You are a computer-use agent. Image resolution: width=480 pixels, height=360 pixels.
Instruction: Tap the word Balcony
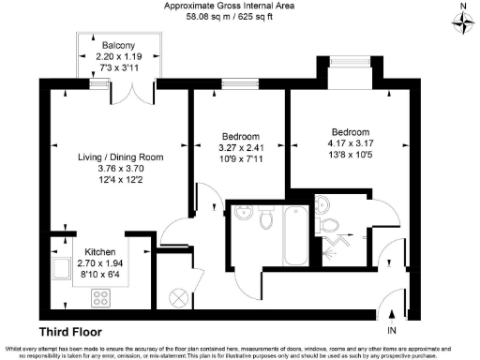(118, 46)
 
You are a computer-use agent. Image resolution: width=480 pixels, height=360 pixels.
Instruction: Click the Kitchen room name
(100, 253)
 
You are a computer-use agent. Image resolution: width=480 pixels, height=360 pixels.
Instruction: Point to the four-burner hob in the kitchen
(101, 298)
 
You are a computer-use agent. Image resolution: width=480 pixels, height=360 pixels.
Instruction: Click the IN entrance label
(392, 332)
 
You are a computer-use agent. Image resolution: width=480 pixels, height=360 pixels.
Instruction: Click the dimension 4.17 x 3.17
(351, 143)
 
